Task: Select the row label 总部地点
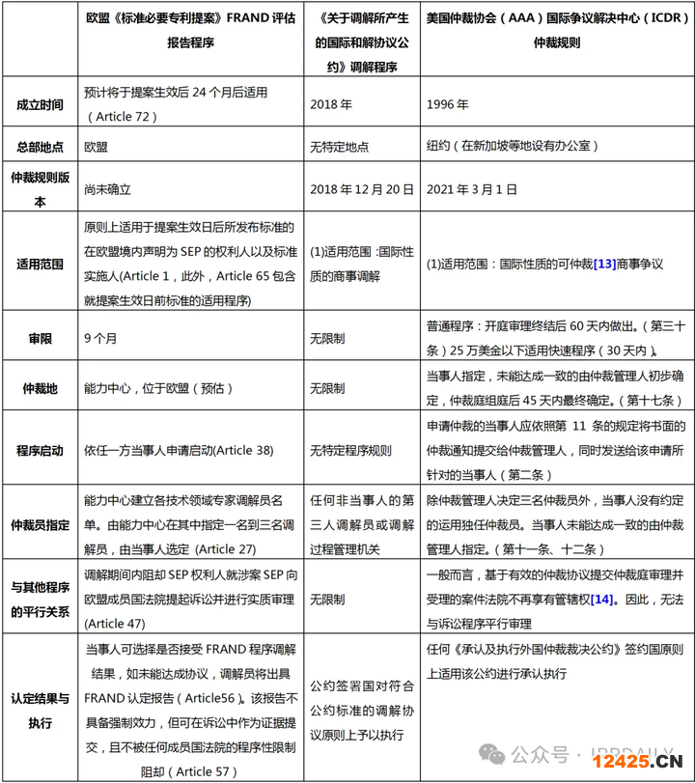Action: click(39, 147)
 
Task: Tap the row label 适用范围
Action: click(39, 263)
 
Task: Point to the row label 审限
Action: click(39, 339)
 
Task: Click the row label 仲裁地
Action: click(39, 388)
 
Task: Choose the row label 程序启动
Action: click(39, 449)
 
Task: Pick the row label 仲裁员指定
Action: click(39, 523)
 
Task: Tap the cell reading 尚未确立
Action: click(107, 190)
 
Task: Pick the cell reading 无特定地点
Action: click(339, 148)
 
